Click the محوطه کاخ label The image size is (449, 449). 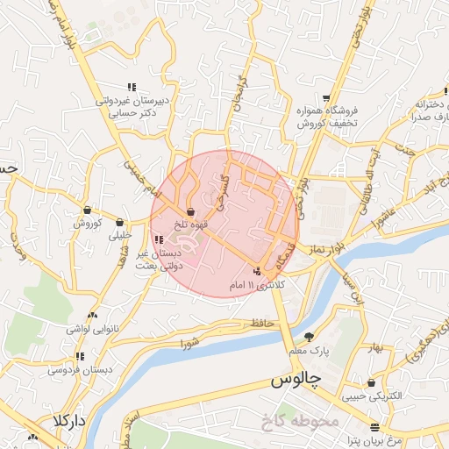coord(299,422)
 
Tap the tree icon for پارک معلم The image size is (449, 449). coord(309,336)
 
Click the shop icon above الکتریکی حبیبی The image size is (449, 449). coord(373,382)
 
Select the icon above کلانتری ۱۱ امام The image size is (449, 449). coord(256,270)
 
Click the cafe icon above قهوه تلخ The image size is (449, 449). coord(191,210)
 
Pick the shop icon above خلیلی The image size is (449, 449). coord(119,222)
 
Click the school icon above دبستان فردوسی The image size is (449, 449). coord(81,356)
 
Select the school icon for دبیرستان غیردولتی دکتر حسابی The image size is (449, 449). coord(132,87)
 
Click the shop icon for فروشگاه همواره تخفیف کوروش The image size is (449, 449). coord(326,97)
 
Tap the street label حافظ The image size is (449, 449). coord(262,323)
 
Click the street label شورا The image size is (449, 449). coord(191,341)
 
